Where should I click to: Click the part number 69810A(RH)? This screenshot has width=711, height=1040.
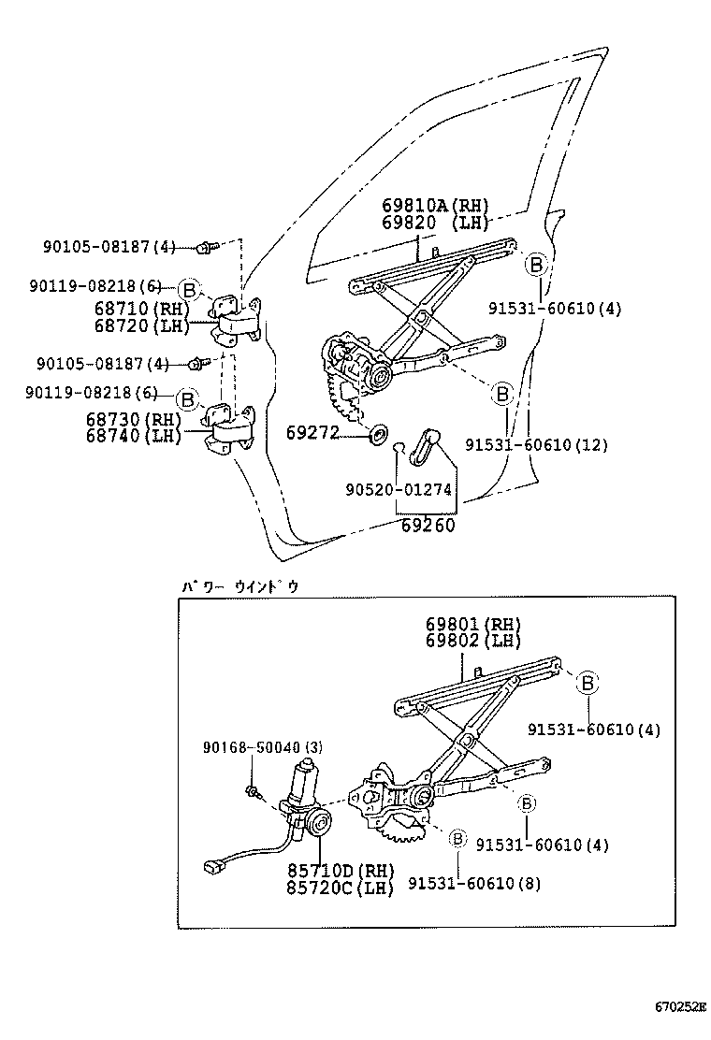click(435, 206)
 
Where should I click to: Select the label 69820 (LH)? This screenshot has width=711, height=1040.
click(435, 222)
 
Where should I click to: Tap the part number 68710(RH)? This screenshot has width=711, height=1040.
click(140, 309)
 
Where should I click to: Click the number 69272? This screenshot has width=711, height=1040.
click(310, 434)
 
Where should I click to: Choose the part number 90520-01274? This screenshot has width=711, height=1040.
click(399, 488)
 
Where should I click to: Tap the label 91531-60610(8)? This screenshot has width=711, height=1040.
click(474, 883)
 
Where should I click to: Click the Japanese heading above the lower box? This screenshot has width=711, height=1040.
click(239, 586)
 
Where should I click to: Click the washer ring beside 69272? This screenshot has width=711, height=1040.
click(381, 434)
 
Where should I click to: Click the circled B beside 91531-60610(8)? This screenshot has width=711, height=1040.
click(457, 838)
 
